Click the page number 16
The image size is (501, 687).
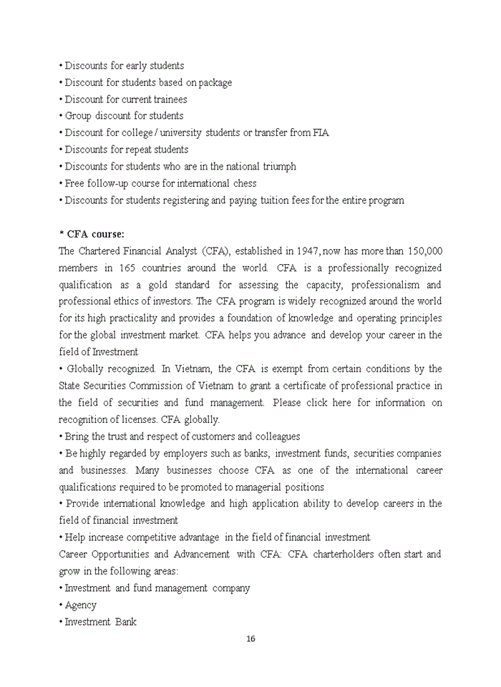pos(250,639)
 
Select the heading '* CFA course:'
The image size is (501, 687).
pos(92,234)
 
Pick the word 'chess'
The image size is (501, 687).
pos(244,183)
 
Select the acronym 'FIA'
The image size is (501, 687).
pos(321,133)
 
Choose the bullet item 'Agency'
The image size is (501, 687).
pos(80,605)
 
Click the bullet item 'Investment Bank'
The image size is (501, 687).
pos(100,622)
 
